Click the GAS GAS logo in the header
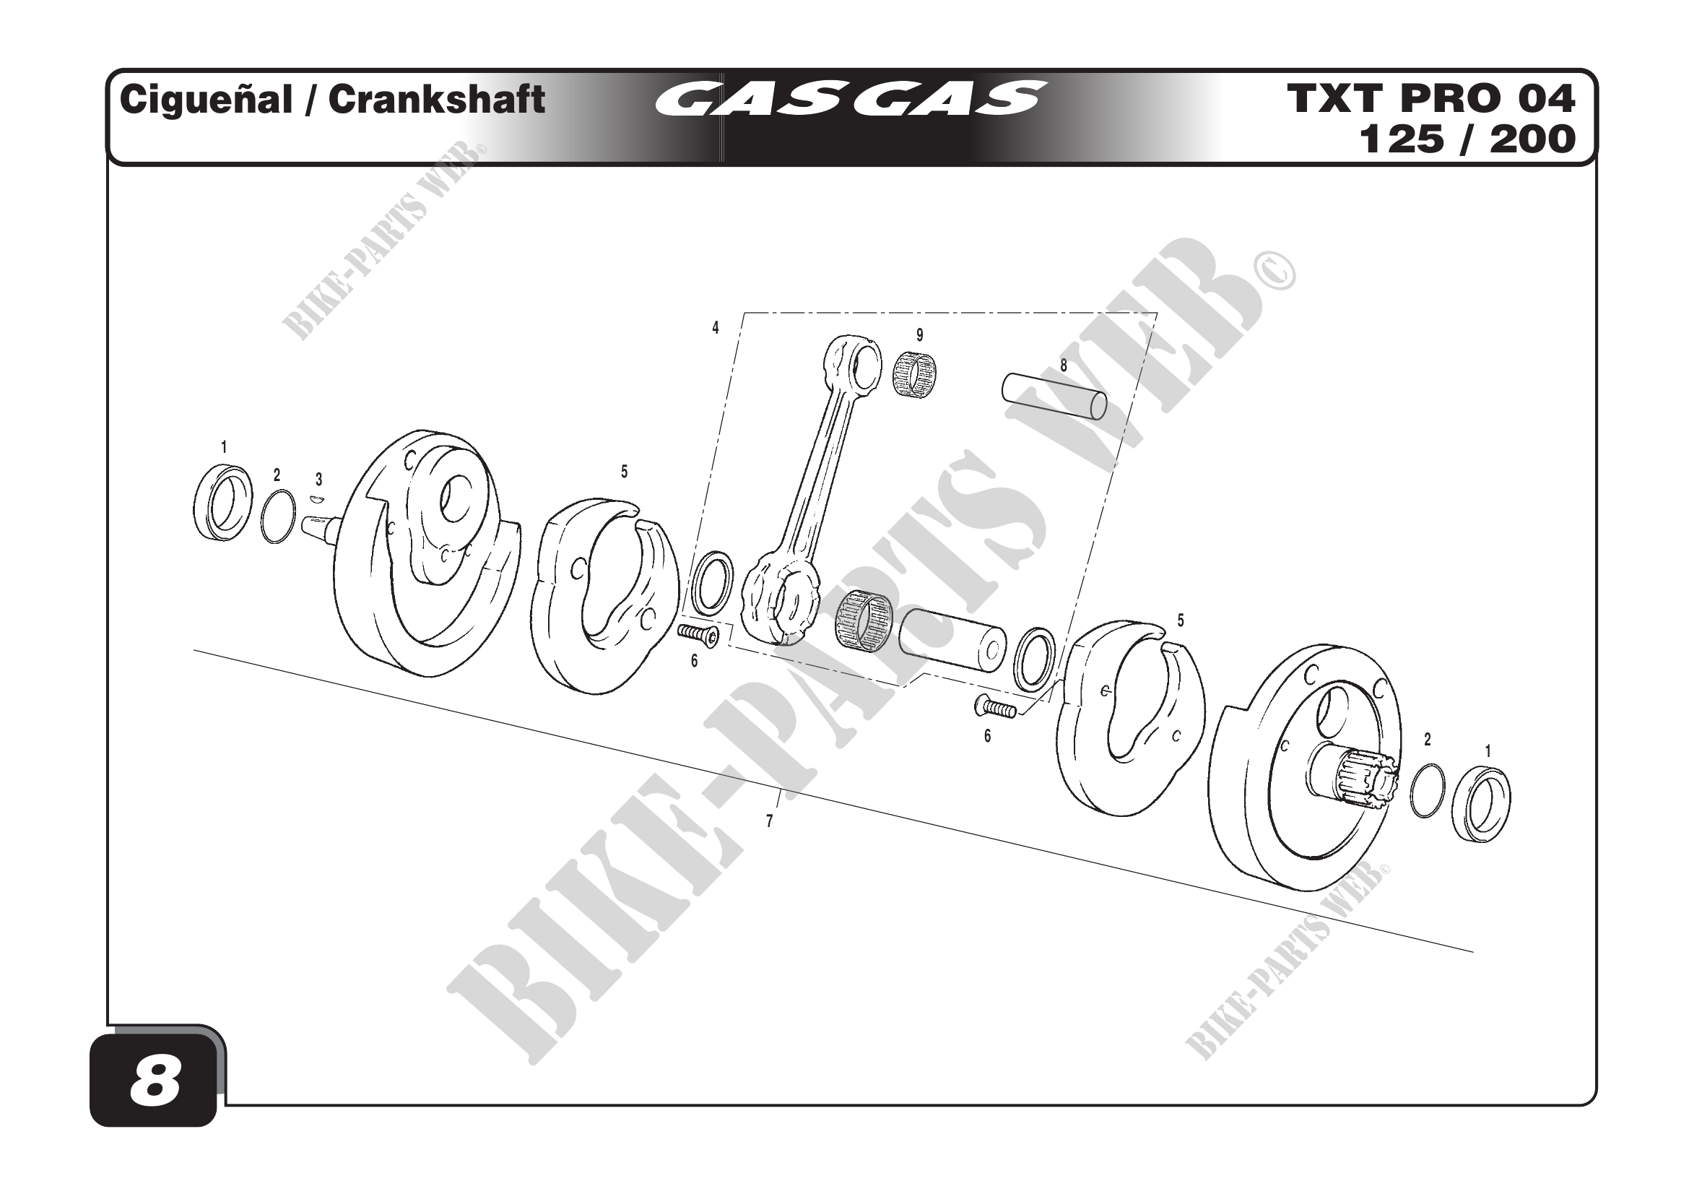(850, 99)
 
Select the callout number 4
(715, 328)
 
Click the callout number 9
(919, 335)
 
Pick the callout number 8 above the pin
(1063, 365)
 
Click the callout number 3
(318, 480)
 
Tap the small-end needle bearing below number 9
(914, 374)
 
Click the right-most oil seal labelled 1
(1480, 804)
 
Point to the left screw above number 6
(699, 635)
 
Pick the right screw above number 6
(996, 709)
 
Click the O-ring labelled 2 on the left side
(278, 516)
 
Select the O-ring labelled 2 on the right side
(1427, 790)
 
